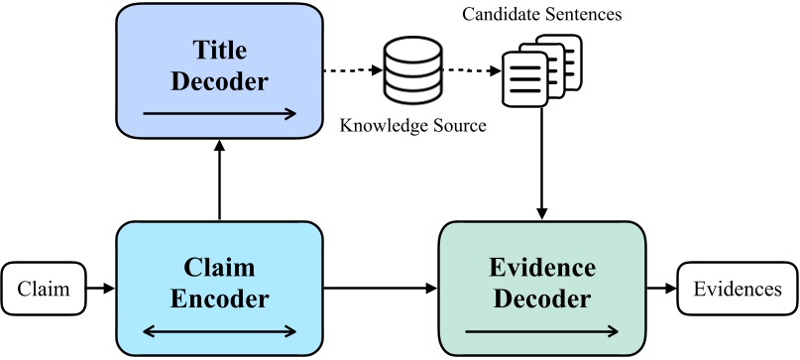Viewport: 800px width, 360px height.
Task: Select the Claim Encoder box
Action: [219, 288]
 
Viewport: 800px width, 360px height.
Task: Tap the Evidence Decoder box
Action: [542, 288]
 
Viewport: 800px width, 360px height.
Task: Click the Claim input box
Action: [44, 290]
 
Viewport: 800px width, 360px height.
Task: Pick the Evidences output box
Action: [737, 290]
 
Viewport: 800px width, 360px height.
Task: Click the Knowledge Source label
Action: [412, 126]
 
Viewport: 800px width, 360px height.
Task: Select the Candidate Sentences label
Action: [541, 15]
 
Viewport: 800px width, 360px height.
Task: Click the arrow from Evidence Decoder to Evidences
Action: [661, 290]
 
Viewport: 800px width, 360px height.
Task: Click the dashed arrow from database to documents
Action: [470, 70]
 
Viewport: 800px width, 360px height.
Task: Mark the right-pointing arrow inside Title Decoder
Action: [219, 113]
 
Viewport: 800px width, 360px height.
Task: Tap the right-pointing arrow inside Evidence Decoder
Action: [542, 330]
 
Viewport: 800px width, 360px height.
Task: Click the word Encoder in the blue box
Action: [219, 299]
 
